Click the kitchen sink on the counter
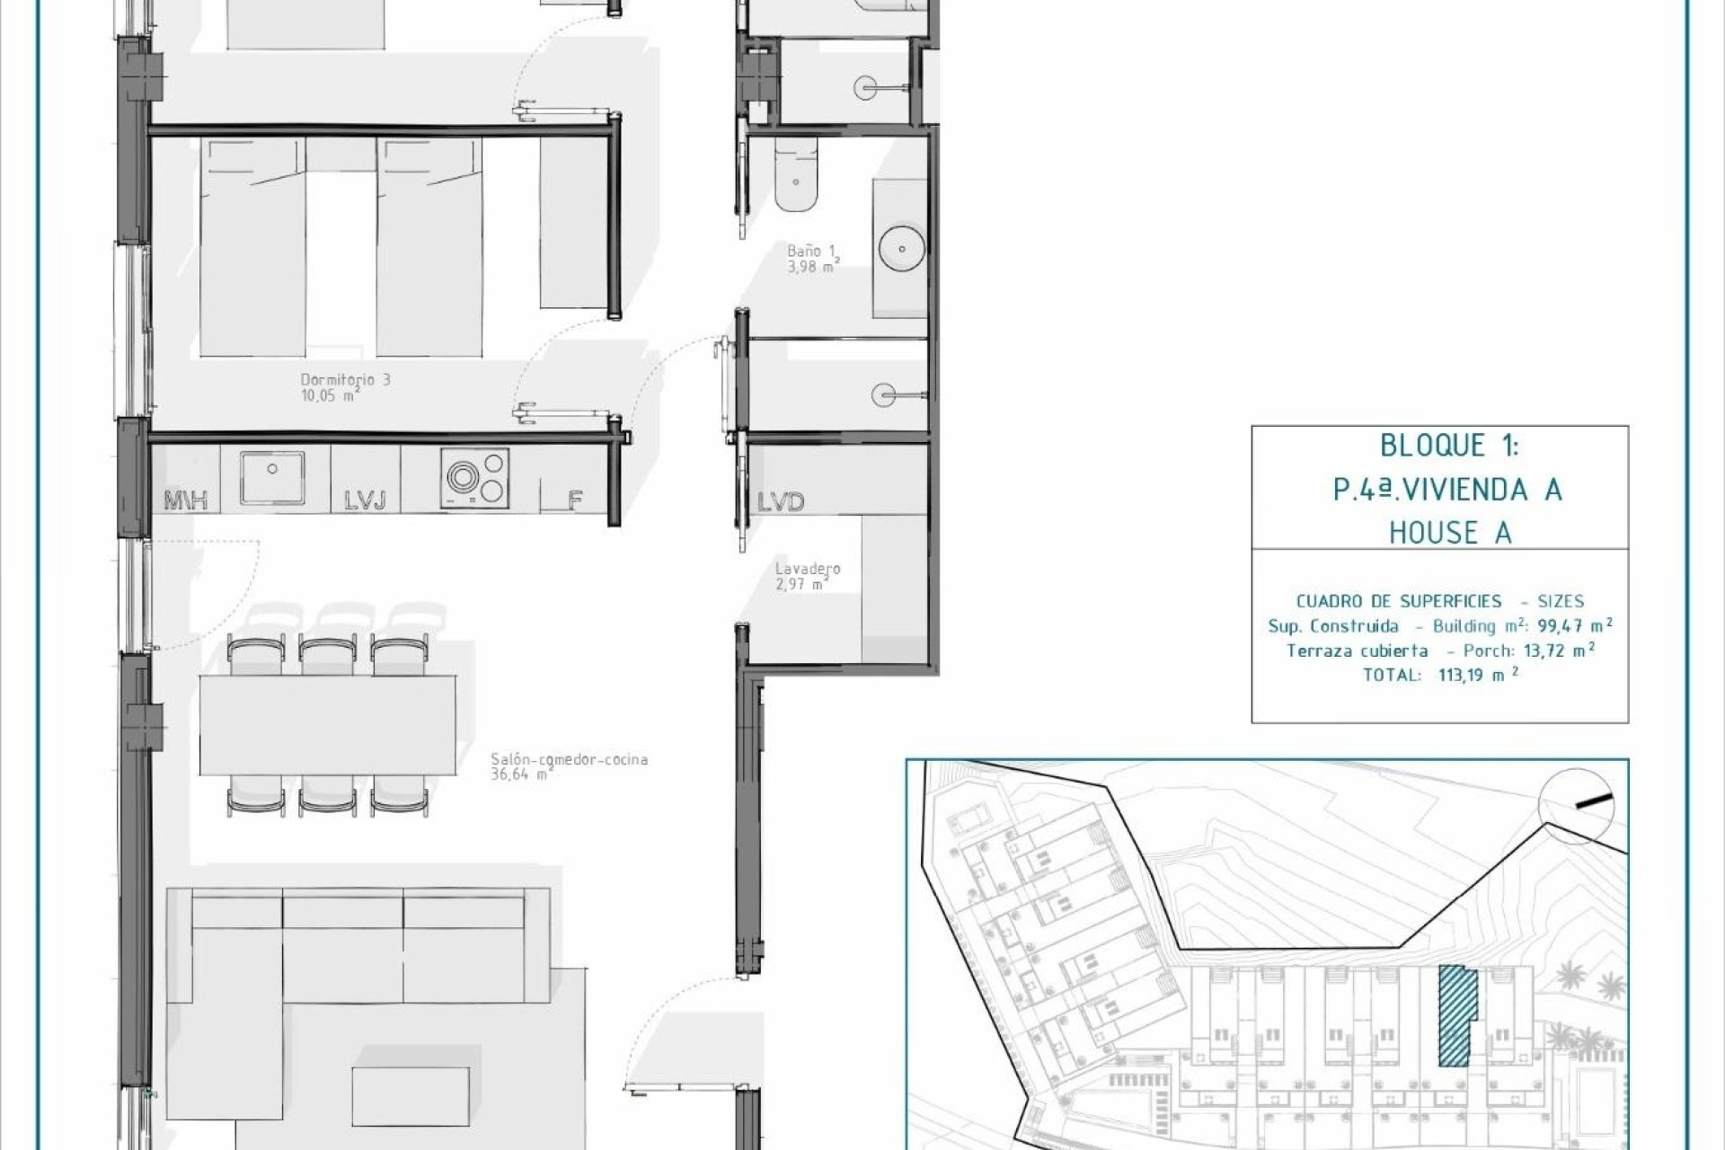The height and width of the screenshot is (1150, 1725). tap(272, 477)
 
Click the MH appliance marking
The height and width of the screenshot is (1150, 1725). tap(186, 501)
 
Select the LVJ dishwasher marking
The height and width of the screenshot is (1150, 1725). tap(365, 501)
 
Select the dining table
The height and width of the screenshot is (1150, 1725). tap(327, 723)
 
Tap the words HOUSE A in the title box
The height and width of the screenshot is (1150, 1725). tap(1450, 533)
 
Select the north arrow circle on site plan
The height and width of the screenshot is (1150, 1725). tap(1572, 806)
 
